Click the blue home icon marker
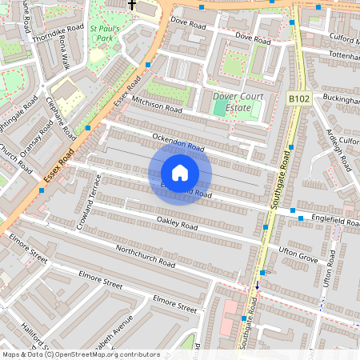(x=180, y=173)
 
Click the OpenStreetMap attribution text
(x=81, y=354)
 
